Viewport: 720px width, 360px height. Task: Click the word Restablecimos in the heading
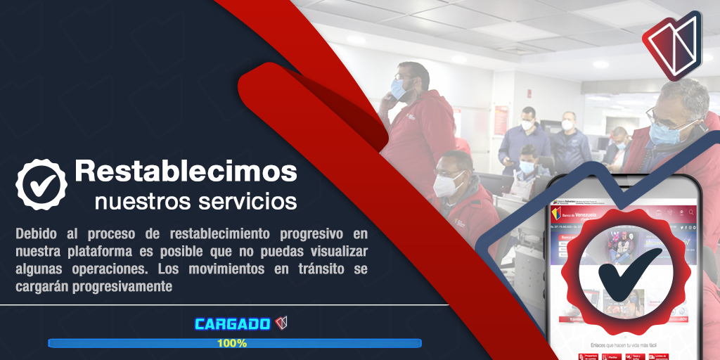pos(186,172)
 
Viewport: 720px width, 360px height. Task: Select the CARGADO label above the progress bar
pos(232,324)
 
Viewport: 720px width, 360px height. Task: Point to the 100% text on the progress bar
pos(232,343)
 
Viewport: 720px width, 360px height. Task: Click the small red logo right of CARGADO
pos(281,323)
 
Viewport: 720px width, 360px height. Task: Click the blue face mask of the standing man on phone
pos(399,90)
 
